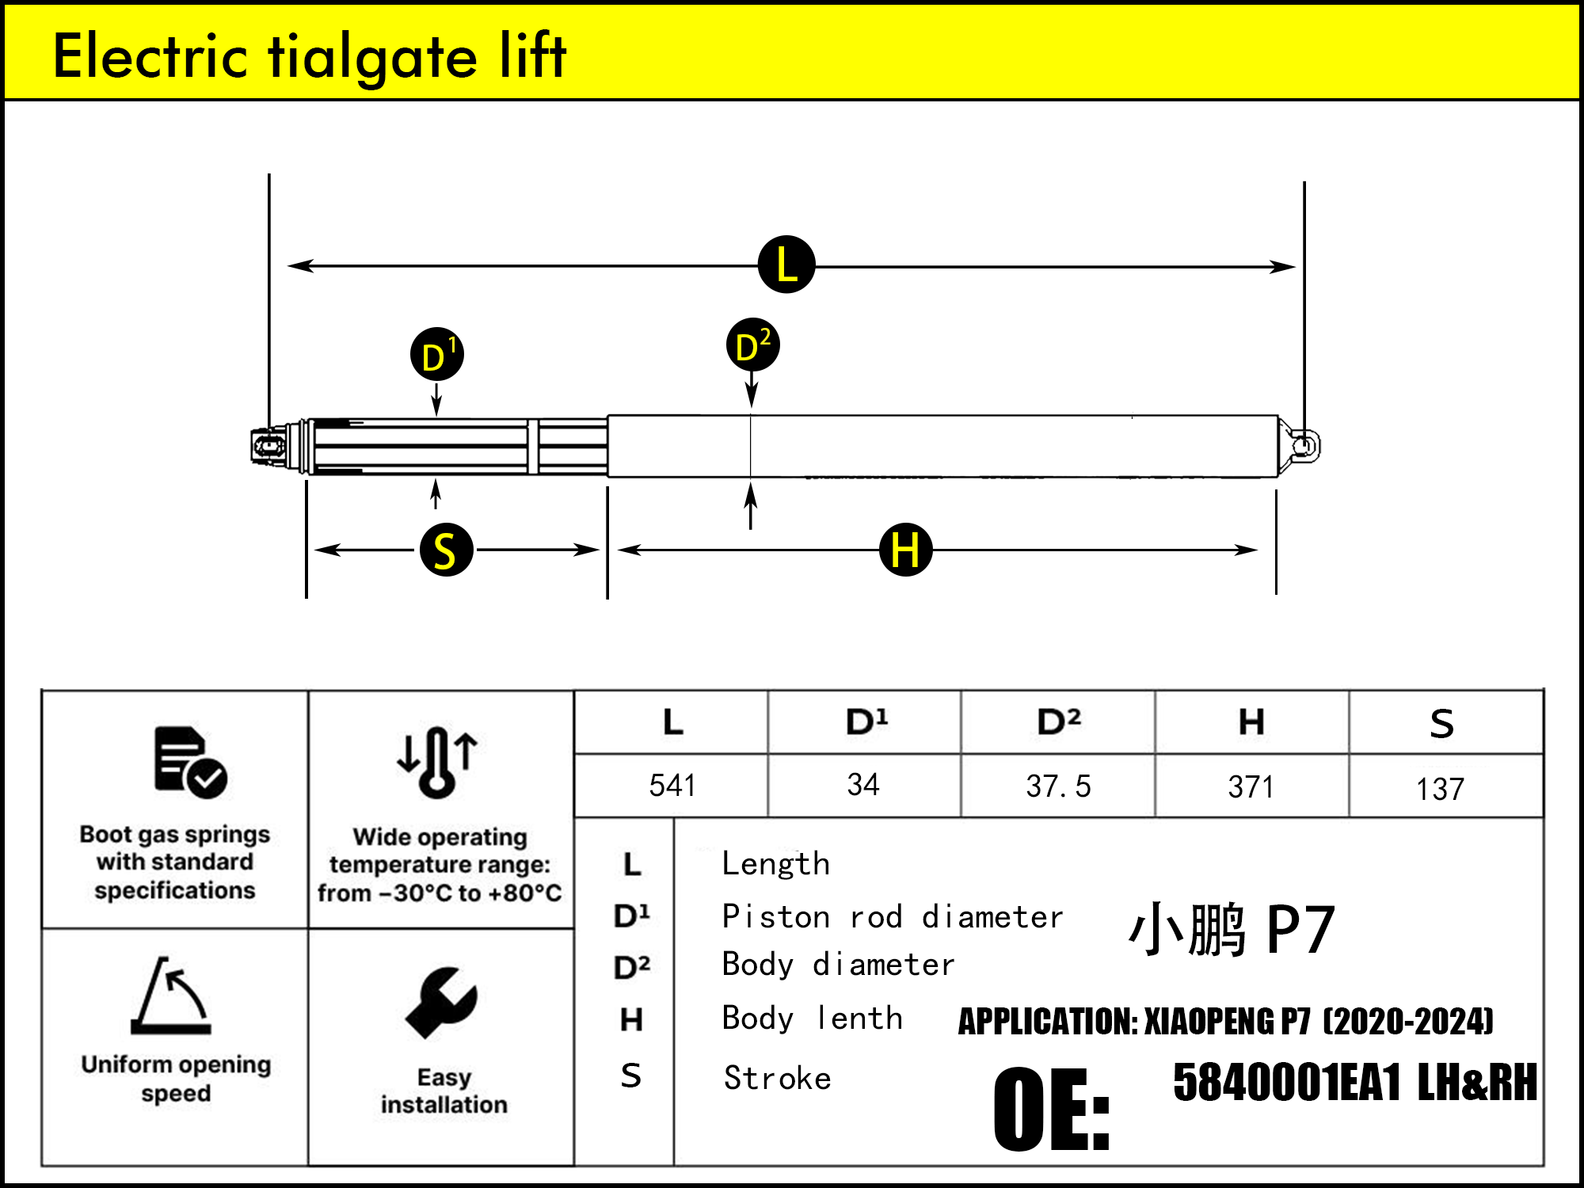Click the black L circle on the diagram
pos(786,265)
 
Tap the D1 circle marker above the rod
pos(436,354)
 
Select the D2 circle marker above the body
pos(752,345)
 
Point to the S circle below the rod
pos(446,550)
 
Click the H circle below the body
pos(905,550)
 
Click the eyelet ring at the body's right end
pos(1304,445)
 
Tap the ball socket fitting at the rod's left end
pos(269,447)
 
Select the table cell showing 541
pos(672,786)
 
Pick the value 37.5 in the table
pos(1058,786)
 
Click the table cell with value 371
pos(1251,786)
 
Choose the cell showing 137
pos(1440,789)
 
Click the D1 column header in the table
pos(866,722)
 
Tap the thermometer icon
pos(437,761)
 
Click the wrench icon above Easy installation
pos(441,1002)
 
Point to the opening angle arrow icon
pos(172,996)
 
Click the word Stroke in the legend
pos(777,1078)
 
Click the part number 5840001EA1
pos(1287,1083)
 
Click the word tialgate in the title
pos(372,57)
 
